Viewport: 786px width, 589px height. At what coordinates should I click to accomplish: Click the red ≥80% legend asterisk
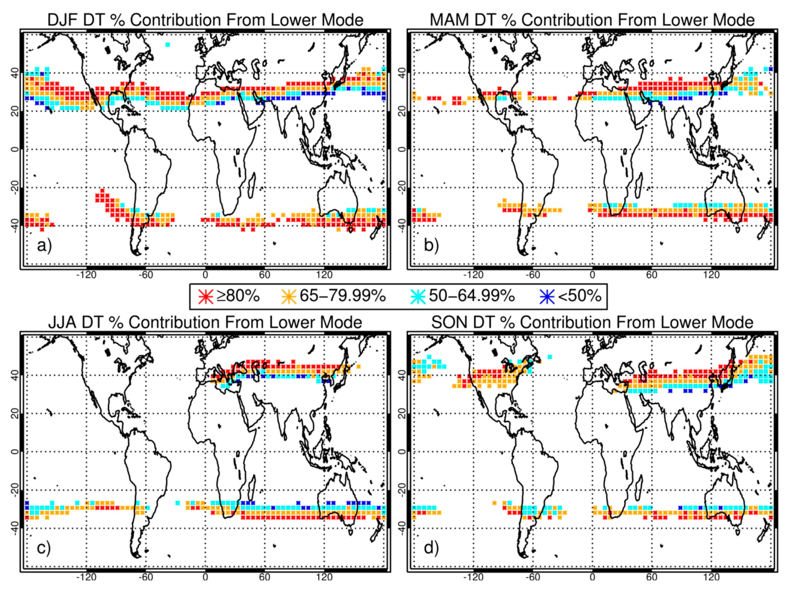pyautogui.click(x=206, y=297)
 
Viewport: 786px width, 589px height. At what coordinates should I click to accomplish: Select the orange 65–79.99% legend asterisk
pyautogui.click(x=289, y=297)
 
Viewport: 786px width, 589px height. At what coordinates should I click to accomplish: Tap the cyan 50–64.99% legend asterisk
pyautogui.click(x=418, y=297)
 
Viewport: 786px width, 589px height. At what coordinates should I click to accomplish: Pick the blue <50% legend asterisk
pyautogui.click(x=547, y=297)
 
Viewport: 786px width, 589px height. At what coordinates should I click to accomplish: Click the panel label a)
pyautogui.click(x=44, y=245)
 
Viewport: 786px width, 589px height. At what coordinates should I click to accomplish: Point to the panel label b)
pyautogui.click(x=431, y=245)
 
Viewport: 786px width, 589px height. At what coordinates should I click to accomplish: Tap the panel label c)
pyautogui.click(x=44, y=548)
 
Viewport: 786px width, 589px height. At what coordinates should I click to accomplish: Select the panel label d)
pyautogui.click(x=431, y=548)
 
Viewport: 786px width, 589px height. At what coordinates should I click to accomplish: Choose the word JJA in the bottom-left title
pyautogui.click(x=62, y=322)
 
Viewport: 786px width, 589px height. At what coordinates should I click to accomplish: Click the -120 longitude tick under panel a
pyautogui.click(x=86, y=275)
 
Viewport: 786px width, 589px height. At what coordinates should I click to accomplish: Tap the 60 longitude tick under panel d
pyautogui.click(x=652, y=577)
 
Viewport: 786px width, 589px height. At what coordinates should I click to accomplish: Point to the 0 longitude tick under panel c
pyautogui.click(x=205, y=577)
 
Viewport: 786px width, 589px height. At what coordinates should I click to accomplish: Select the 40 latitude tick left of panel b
pyautogui.click(x=402, y=73)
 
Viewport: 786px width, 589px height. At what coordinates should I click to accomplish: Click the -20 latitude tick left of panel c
pyautogui.click(x=15, y=490)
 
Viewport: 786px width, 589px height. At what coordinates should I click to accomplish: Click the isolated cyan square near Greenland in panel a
pyautogui.click(x=168, y=44)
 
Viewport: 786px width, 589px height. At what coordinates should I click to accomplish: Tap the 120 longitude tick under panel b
pyautogui.click(x=711, y=275)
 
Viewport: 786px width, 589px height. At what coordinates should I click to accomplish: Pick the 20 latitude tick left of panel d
pyautogui.click(x=402, y=414)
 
